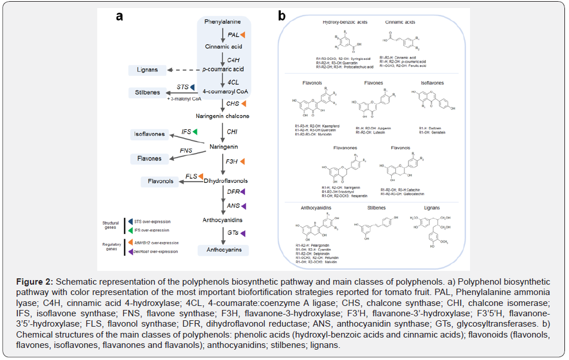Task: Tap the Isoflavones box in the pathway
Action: [x=149, y=135]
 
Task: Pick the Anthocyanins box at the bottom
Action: [x=223, y=250]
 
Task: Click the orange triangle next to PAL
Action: [x=243, y=35]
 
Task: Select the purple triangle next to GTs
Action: [x=243, y=233]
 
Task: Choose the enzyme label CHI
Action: [x=232, y=132]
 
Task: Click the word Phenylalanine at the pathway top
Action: [x=223, y=22]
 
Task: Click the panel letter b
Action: [x=282, y=16]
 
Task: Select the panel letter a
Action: [x=120, y=16]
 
